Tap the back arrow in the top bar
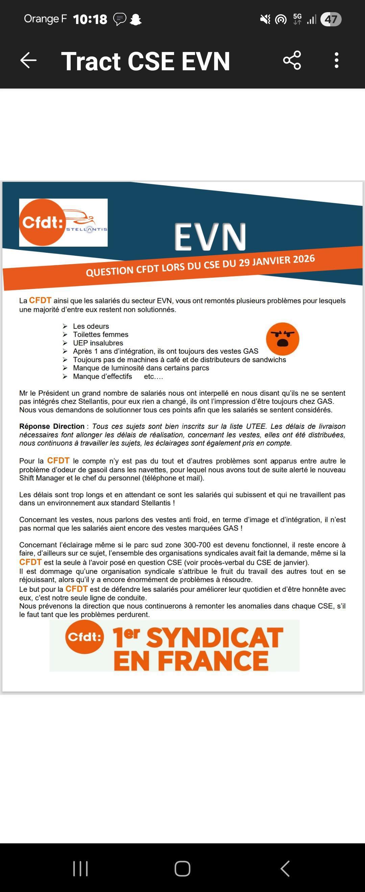[x=28, y=60]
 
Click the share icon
[x=292, y=60]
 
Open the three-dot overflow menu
[x=336, y=60]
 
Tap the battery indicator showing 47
[x=331, y=19]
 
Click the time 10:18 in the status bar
[x=90, y=19]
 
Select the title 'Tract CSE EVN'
[x=145, y=61]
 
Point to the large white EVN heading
[x=210, y=237]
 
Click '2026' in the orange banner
[x=304, y=259]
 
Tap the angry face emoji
[x=283, y=339]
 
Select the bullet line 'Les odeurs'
[x=91, y=326]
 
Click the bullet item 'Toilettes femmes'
[x=100, y=334]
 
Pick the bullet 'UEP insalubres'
[x=98, y=343]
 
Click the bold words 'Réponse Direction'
[x=52, y=426]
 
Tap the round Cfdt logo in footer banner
[x=84, y=637]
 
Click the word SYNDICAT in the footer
[x=215, y=638]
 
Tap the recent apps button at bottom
[x=80, y=868]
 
